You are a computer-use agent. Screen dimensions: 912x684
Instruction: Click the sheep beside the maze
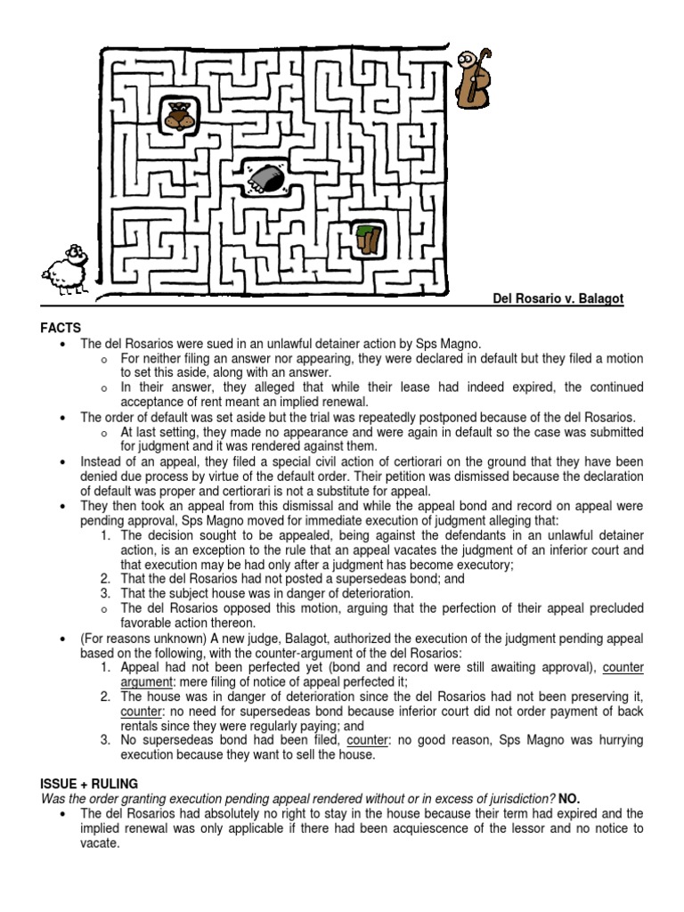[65, 266]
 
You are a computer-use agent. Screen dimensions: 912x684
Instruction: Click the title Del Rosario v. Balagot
[558, 299]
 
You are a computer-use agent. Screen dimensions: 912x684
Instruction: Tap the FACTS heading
[61, 329]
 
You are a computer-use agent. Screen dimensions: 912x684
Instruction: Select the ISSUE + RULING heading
[89, 783]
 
